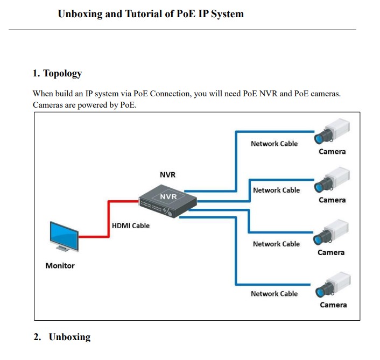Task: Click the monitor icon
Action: click(x=64, y=235)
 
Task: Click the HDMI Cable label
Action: click(x=130, y=225)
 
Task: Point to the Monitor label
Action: click(x=60, y=265)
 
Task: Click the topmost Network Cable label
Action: click(x=274, y=144)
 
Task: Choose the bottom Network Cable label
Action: click(x=274, y=293)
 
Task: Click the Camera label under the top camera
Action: click(x=332, y=151)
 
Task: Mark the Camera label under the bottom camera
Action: click(x=333, y=305)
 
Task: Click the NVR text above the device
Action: click(x=167, y=175)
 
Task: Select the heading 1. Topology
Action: click(x=57, y=73)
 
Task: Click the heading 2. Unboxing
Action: click(x=62, y=337)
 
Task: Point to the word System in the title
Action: click(x=226, y=14)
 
